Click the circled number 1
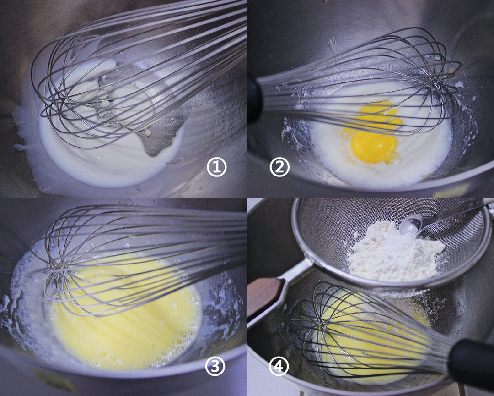tap(216, 167)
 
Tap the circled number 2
tap(279, 167)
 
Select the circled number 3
tap(215, 366)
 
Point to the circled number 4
tap(279, 366)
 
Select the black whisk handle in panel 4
tap(471, 363)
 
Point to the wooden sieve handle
tap(264, 295)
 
